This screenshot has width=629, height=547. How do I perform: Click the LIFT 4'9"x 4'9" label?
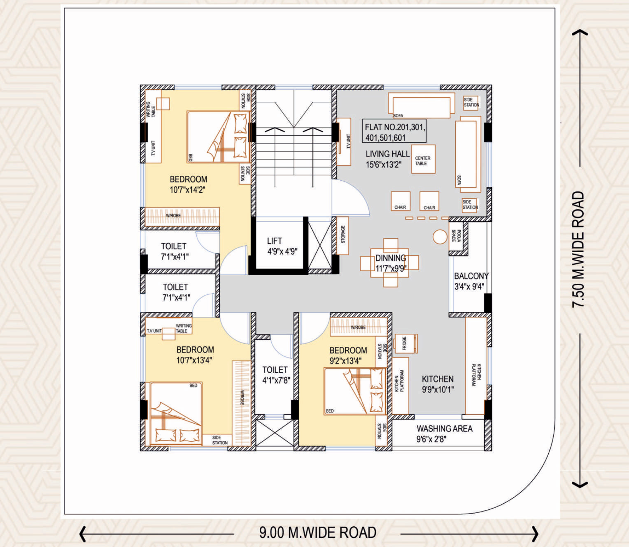click(x=282, y=246)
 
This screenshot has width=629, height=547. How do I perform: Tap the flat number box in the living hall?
click(x=394, y=131)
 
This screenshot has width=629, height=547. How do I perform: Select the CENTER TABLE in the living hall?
click(x=423, y=159)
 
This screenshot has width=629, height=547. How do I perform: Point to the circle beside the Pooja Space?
click(x=440, y=237)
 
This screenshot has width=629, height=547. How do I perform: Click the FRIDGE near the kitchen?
click(x=405, y=343)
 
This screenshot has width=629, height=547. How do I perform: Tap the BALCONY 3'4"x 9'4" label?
click(x=471, y=281)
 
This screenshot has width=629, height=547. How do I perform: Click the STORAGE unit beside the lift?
click(x=342, y=236)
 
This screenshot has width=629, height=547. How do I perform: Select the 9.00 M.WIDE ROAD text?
click(x=317, y=533)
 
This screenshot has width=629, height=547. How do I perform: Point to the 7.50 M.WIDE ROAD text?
click(x=578, y=249)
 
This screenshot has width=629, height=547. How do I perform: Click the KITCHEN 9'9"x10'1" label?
click(x=438, y=384)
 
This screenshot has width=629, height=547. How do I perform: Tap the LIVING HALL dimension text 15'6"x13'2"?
click(x=383, y=165)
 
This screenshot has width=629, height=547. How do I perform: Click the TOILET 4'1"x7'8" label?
click(x=275, y=375)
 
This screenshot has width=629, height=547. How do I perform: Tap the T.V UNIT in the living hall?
click(x=344, y=142)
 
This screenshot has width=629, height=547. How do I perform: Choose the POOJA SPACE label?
click(x=456, y=236)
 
